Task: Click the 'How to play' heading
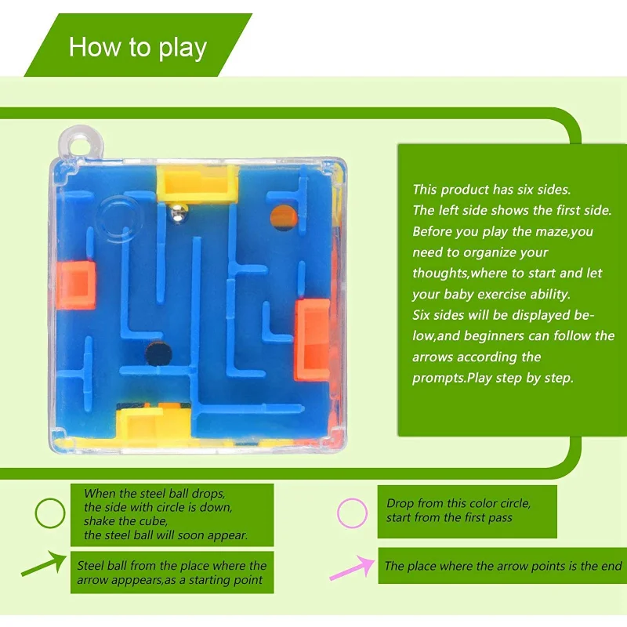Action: [x=137, y=47]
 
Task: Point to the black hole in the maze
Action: [x=155, y=353]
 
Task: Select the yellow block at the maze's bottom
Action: [x=154, y=422]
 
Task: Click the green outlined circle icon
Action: [x=50, y=513]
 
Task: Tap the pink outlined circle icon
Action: [x=352, y=513]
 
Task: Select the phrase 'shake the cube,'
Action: [x=126, y=521]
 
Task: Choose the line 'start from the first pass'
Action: [x=449, y=517]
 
